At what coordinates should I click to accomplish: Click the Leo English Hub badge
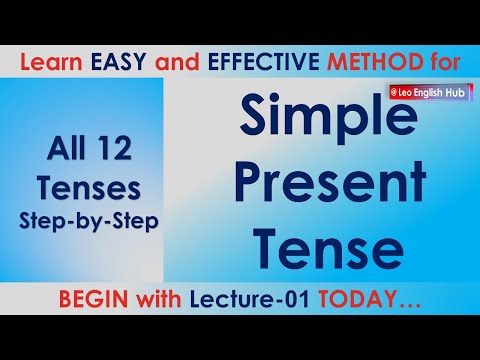[x=430, y=91]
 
